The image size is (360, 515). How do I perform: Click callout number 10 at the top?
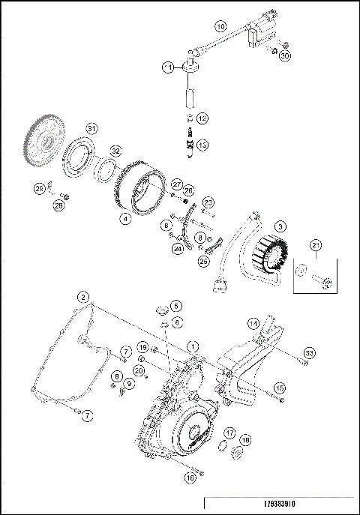[x=220, y=25]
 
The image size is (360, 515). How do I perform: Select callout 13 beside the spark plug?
[x=202, y=145]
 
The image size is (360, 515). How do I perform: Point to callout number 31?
[x=91, y=127]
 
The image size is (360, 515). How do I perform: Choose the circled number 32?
[x=116, y=151]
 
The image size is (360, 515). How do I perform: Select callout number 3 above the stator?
[x=279, y=226]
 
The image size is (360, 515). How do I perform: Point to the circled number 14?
[x=253, y=324]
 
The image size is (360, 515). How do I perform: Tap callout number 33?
[x=309, y=352]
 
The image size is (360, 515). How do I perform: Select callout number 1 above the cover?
[x=194, y=346]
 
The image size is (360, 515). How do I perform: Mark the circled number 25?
[x=204, y=261]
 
